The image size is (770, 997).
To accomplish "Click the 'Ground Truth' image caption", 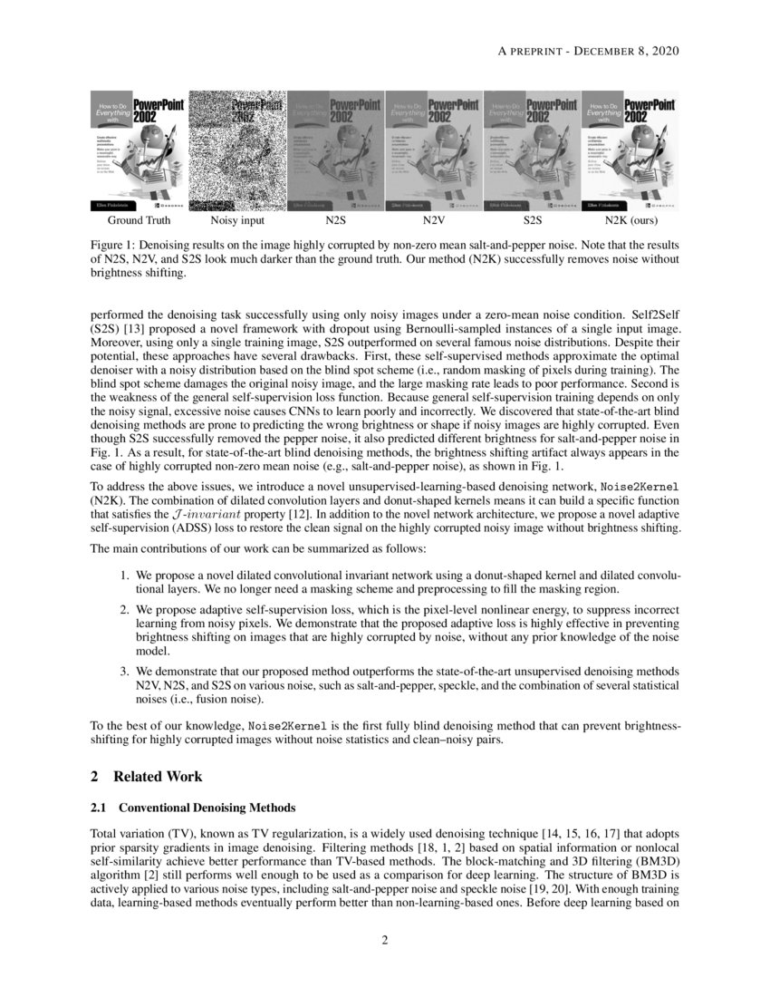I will tap(139, 220).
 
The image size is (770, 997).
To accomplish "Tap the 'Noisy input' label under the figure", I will tap(237, 220).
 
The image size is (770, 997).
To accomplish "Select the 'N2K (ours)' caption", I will tap(631, 220).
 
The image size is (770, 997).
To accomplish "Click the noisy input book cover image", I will tap(237, 150).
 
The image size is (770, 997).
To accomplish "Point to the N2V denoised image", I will tap(434, 150).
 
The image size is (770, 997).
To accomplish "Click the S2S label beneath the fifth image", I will tap(533, 220).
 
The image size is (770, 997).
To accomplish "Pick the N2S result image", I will tap(336, 150).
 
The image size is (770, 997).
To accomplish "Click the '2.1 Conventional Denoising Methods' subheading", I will tap(193, 807).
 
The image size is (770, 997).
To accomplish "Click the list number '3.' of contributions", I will tap(126, 671).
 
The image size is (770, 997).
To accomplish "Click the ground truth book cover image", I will tap(139, 150).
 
